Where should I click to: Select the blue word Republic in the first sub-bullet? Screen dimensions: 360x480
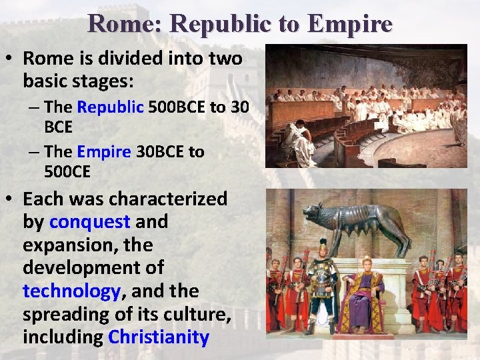(x=111, y=107)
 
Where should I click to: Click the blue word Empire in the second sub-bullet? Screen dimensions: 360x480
(x=104, y=152)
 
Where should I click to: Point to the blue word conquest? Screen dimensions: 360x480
(x=90, y=221)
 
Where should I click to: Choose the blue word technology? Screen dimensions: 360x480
(x=71, y=291)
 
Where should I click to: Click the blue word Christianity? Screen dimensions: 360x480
(x=159, y=337)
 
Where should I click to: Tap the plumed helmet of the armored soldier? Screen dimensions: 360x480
(x=323, y=245)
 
